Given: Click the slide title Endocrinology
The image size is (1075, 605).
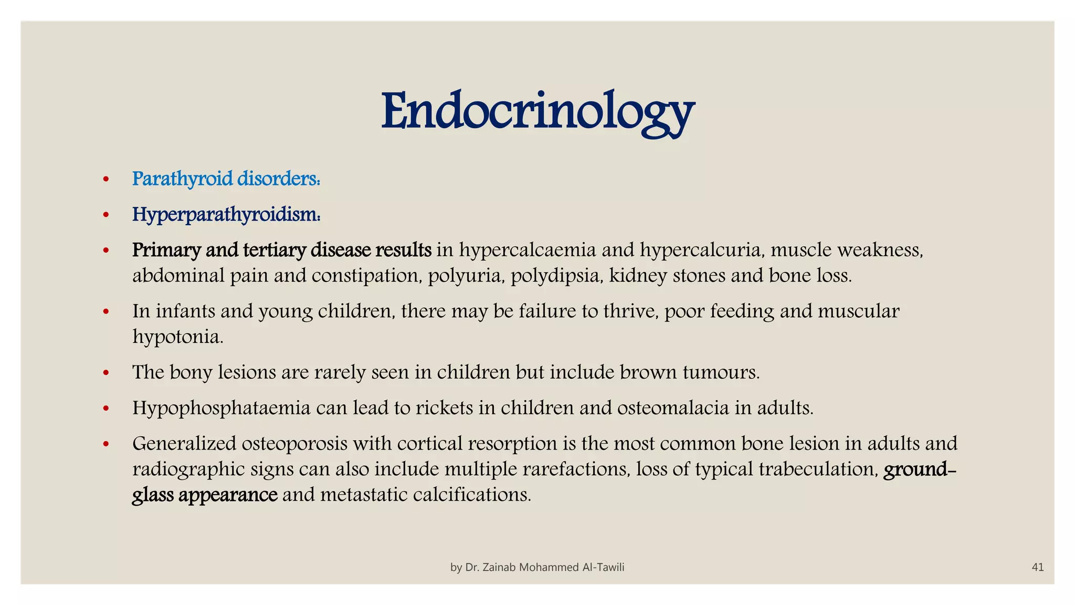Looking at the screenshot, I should pos(537,112).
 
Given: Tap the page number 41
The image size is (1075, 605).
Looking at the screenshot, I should pos(1037,567).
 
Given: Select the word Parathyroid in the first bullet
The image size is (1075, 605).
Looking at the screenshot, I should pos(182,179).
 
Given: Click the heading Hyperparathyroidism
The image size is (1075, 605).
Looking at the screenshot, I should pos(226,215).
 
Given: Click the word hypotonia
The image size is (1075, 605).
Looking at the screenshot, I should pos(177,337).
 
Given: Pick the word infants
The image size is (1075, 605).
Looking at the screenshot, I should pos(185,311).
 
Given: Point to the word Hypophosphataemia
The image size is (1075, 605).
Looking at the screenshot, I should pos(221,408).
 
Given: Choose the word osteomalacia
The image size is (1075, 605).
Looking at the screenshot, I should pos(673,408).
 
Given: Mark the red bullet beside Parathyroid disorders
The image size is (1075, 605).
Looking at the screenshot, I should pos(106,180).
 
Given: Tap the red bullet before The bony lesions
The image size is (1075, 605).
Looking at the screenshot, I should pos(106,373).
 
